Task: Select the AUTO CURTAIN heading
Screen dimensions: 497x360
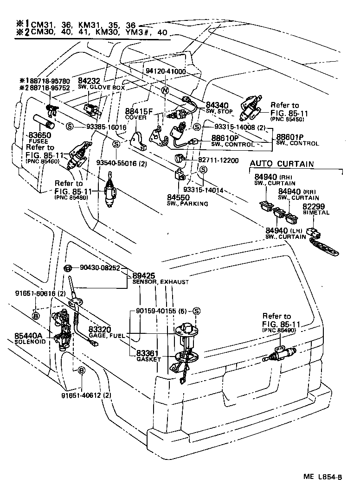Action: pos(282,164)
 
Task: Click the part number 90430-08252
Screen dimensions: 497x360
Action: pos(100,268)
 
